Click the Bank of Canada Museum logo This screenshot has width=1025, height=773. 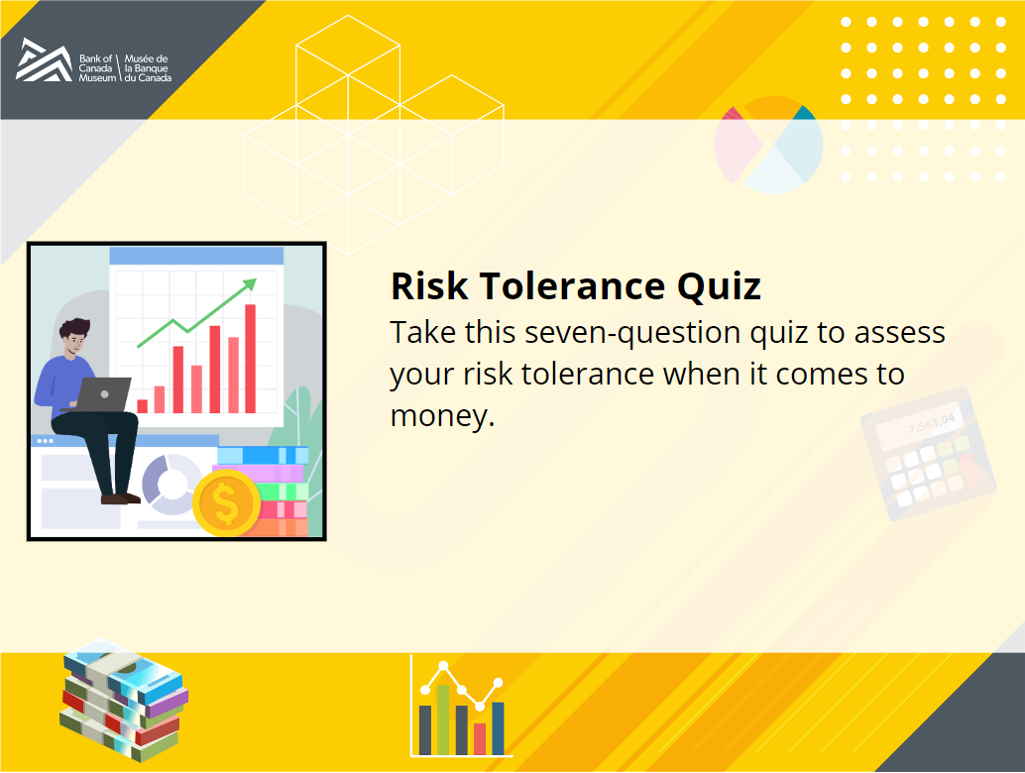coord(93,60)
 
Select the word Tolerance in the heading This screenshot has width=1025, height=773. coord(573,286)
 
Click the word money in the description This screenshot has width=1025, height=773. coord(440,416)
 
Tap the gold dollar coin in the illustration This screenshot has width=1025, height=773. coord(226,502)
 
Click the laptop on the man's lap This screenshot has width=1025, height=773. coord(103,394)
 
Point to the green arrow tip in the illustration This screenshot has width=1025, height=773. coord(251,282)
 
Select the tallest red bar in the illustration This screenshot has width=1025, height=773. coord(251,359)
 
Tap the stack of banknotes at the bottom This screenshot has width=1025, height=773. coord(124,699)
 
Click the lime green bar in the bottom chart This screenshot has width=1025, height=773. coord(443,719)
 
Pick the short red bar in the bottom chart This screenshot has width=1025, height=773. coord(480,739)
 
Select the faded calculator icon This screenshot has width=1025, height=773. coord(928,454)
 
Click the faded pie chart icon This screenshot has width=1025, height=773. coord(769,145)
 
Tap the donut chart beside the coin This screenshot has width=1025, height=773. coord(171,485)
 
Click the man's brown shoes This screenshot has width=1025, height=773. coord(120,499)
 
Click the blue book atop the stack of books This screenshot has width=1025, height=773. coord(262,455)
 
